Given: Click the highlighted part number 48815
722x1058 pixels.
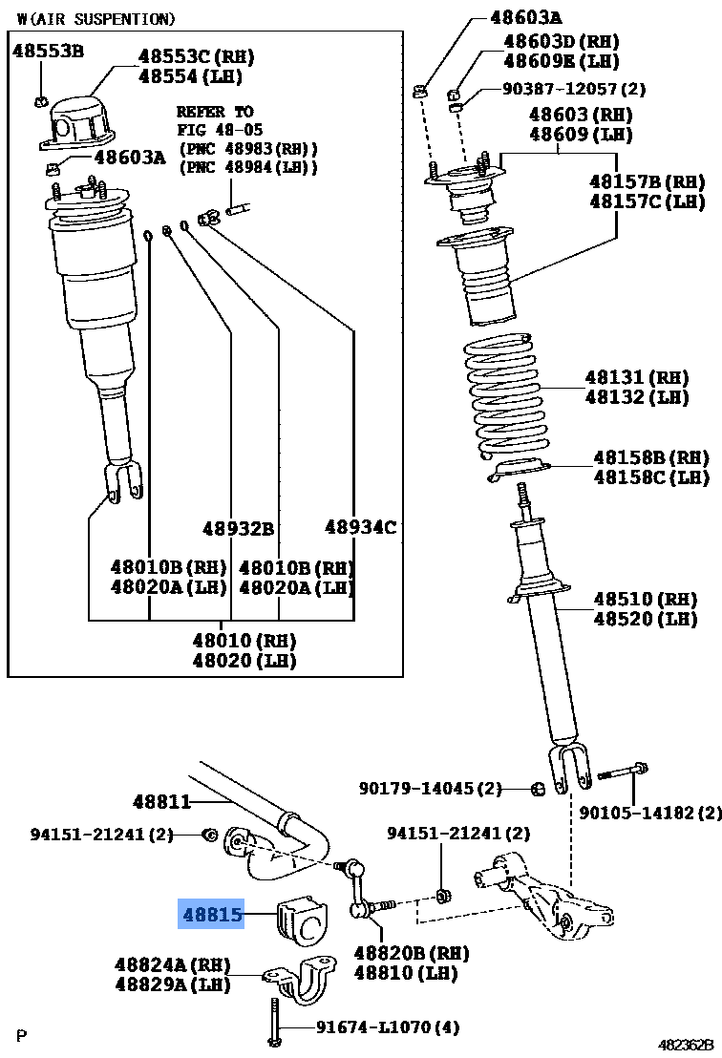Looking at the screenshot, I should pyautogui.click(x=212, y=915).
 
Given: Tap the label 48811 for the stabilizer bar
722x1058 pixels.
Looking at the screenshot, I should pyautogui.click(x=161, y=801).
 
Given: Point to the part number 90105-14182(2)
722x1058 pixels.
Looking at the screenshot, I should pyautogui.click(x=650, y=814).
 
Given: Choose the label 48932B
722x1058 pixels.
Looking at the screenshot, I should pyautogui.click(x=238, y=528).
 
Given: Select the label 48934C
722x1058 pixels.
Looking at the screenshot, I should pyautogui.click(x=360, y=526).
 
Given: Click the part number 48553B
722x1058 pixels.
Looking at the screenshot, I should pyautogui.click(x=47, y=52).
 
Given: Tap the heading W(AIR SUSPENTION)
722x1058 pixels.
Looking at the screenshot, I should pyautogui.click(x=96, y=18).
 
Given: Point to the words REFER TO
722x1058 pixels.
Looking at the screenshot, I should pyautogui.click(x=215, y=112).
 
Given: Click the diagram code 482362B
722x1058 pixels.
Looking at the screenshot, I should pyautogui.click(x=685, y=1045).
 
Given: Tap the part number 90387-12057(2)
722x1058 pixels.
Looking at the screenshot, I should pyautogui.click(x=574, y=89).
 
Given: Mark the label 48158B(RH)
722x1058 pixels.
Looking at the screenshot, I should pyautogui.click(x=651, y=457).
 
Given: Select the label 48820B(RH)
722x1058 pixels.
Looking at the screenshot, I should pyautogui.click(x=413, y=953).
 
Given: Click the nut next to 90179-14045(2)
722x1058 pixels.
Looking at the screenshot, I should pyautogui.click(x=538, y=788).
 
